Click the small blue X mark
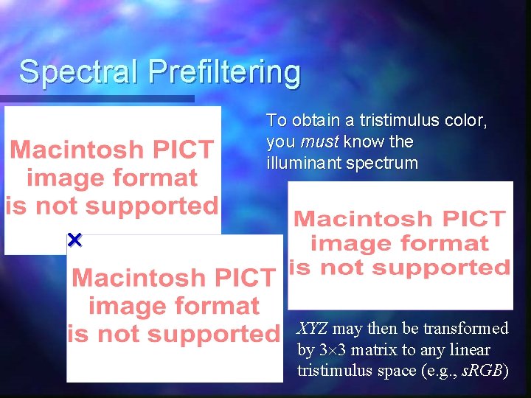point(74,240)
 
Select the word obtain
point(314,120)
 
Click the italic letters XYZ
point(312,328)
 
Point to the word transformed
point(464,328)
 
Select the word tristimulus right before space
point(335,371)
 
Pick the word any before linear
point(432,349)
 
